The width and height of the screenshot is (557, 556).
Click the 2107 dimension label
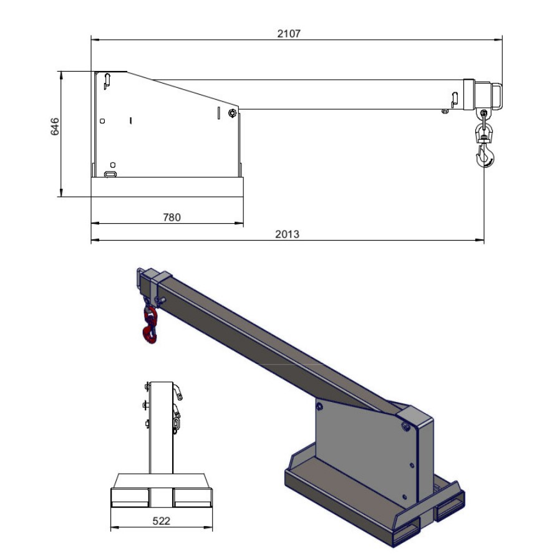coord(289,34)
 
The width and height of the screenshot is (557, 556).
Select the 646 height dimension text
coord(55,127)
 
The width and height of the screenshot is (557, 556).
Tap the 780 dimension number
coord(172,218)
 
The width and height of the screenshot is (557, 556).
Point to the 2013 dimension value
coord(288,234)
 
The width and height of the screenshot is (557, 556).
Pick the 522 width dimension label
coord(162,521)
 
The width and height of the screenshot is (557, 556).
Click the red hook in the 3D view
coord(150,325)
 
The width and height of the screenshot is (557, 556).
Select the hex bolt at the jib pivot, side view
coord(232,113)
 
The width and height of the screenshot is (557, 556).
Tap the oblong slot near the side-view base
coord(110,175)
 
